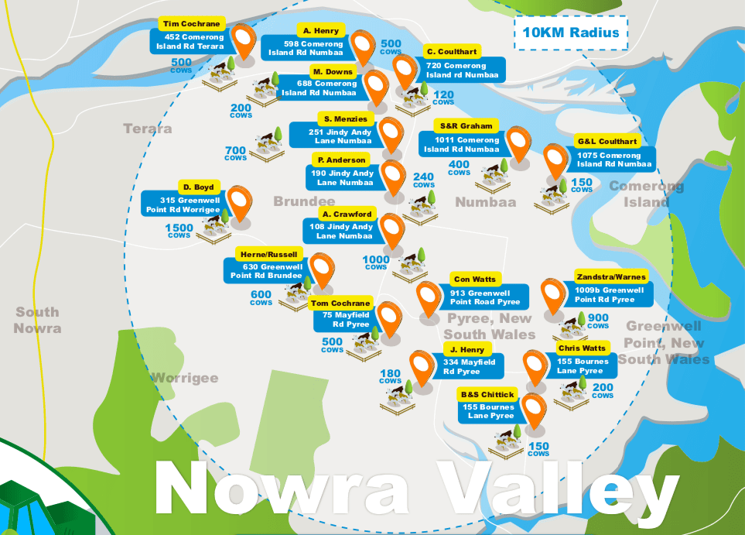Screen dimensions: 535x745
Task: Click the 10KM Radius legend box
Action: coord(571,33)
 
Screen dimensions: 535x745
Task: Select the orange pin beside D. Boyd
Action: coord(239,201)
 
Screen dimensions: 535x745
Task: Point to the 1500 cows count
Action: coord(179,231)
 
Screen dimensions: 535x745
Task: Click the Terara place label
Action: coord(147,128)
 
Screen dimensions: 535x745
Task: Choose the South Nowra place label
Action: coord(38,320)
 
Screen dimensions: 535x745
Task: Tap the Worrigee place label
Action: coord(184,378)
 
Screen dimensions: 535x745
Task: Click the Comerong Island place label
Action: coord(646,194)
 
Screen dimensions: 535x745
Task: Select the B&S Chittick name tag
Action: coord(487,394)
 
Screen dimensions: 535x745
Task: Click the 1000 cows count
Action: coord(376,262)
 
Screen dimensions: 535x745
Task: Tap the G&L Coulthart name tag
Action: coord(607,142)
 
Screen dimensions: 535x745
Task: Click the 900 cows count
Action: coord(598,320)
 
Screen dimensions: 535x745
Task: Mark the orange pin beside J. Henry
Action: coord(422,367)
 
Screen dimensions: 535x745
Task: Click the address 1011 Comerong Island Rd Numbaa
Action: coord(462,145)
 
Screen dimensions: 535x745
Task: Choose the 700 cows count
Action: coord(235,153)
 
